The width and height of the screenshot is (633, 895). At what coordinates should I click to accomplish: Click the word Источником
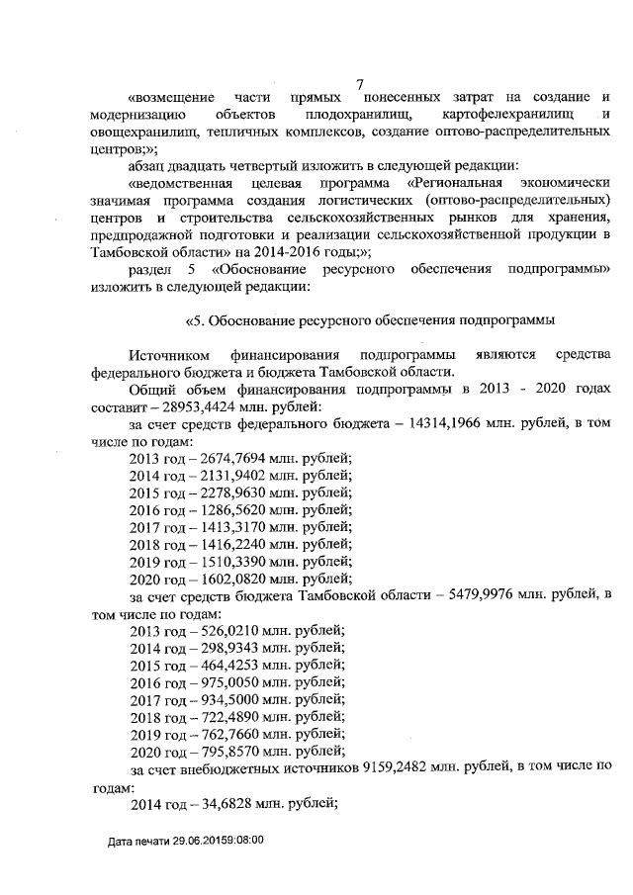(x=168, y=354)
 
